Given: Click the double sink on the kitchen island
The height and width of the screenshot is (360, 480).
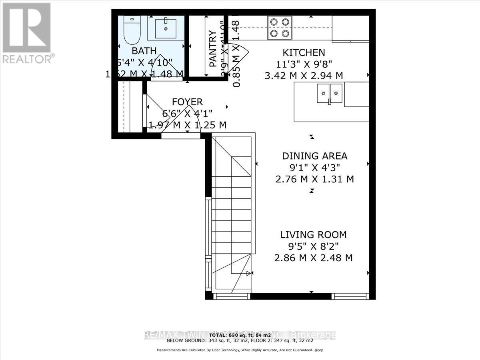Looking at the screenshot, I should tap(330, 94).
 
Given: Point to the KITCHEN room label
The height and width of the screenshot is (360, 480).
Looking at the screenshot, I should tap(304, 52).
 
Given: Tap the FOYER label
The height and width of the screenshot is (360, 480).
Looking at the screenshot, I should tap(187, 102).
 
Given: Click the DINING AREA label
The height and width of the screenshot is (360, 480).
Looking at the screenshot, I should tap(314, 156).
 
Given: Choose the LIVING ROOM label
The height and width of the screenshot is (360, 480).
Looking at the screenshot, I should tap(313, 234).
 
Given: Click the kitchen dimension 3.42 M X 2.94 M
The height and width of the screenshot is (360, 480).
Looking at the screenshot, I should tap(304, 75).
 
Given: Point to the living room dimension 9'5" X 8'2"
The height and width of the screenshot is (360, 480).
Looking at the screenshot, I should tap(313, 246).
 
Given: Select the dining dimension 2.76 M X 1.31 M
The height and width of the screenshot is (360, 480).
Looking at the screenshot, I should tap(314, 179).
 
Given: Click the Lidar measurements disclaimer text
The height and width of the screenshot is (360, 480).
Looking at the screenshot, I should tap(240, 350).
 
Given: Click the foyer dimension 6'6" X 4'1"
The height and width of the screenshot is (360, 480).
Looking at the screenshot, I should tap(187, 113).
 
